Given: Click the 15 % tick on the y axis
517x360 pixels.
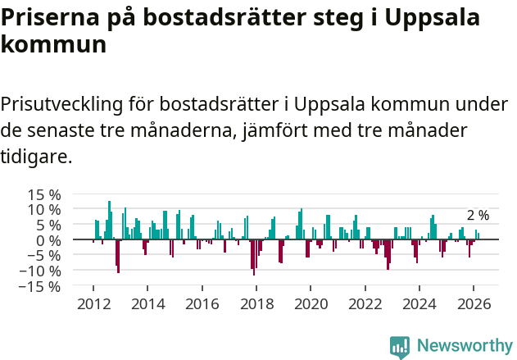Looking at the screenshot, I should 44,194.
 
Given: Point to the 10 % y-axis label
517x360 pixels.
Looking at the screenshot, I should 44,209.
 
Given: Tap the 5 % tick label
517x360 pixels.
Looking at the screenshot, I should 48,225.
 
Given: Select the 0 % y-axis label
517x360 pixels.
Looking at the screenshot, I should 48,240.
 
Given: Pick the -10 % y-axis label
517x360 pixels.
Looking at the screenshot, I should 41,271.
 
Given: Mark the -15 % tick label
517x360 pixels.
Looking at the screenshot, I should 41,286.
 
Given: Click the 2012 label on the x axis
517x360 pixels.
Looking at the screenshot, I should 93,303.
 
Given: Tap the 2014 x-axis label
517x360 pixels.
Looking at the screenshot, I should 147,303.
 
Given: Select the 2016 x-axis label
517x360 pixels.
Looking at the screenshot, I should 202,303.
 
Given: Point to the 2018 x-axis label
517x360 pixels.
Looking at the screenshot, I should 256,303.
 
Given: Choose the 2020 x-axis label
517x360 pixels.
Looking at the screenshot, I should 311,303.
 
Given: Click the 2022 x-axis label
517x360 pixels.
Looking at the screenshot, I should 365,303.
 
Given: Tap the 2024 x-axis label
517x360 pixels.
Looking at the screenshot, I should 419,303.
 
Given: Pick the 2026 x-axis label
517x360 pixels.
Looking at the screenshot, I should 474,303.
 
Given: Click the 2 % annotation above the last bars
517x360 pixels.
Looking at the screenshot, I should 478,216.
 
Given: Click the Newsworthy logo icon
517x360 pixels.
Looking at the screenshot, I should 400,346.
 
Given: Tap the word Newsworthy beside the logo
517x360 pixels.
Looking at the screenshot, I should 464,346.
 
